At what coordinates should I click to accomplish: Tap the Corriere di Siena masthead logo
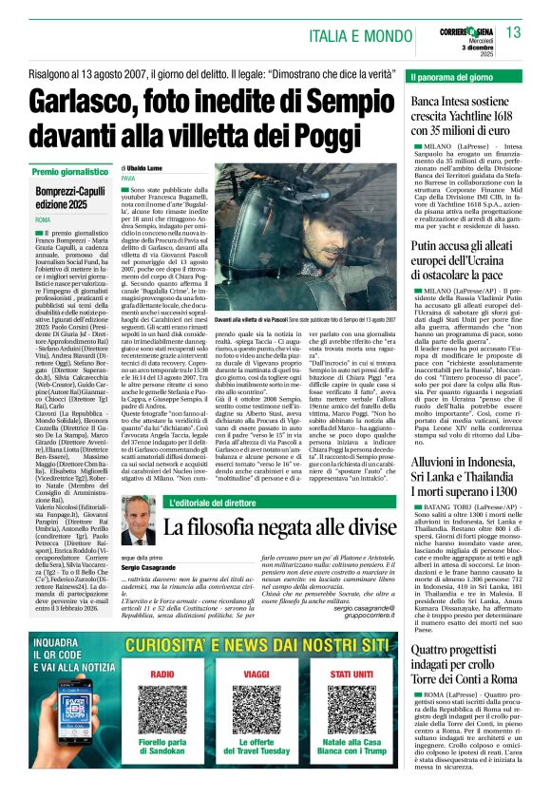pos(467,26)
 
